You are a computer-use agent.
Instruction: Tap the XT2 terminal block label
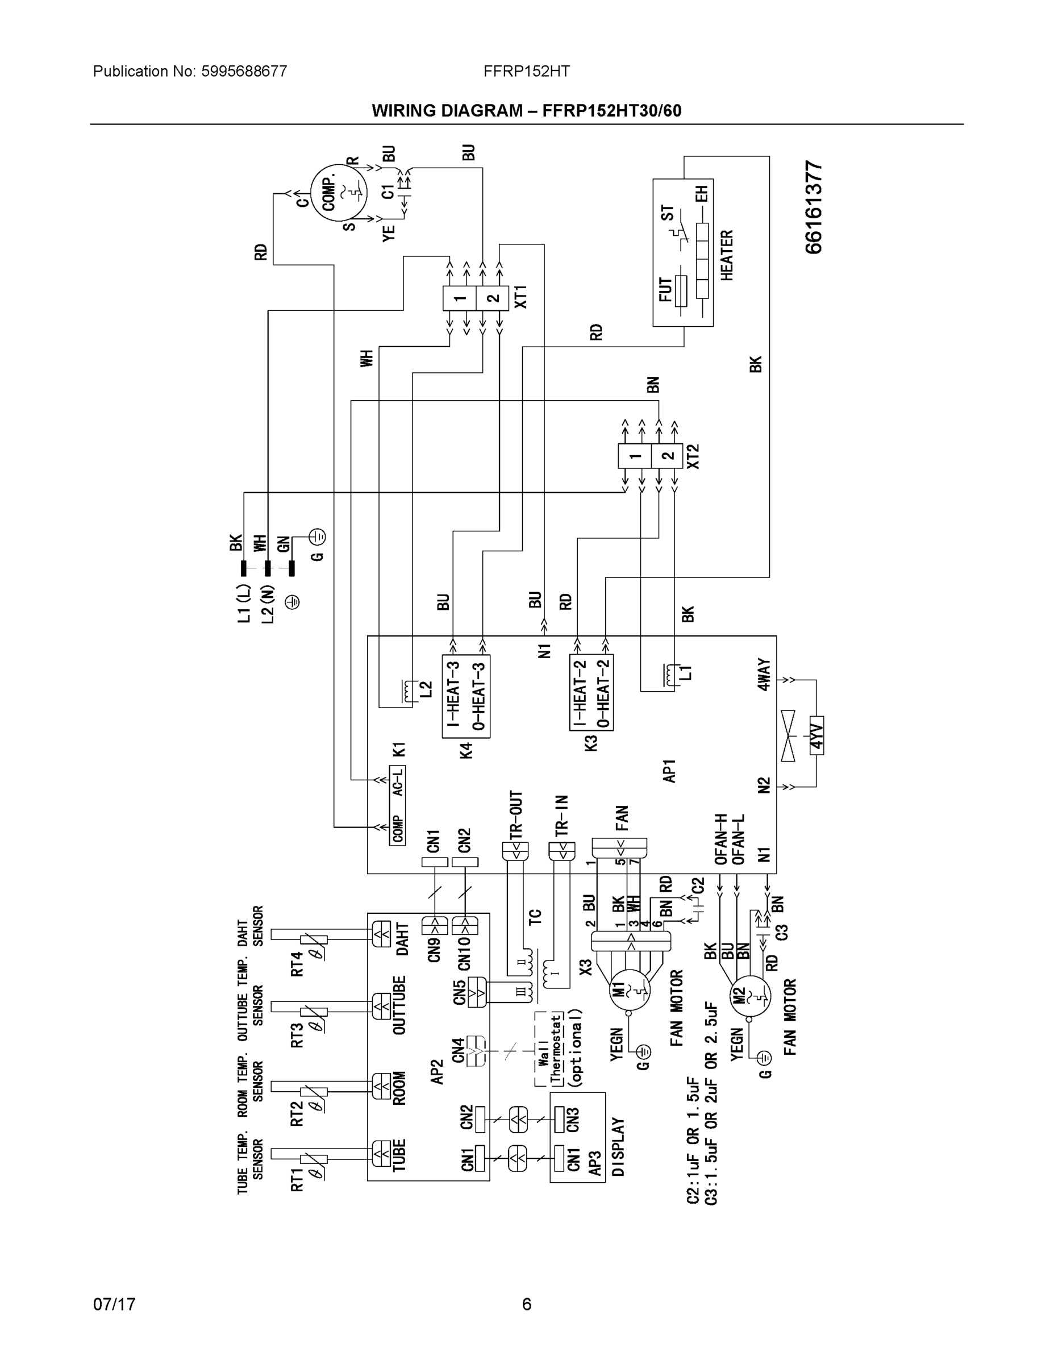(x=693, y=456)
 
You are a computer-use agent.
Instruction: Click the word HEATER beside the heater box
(x=727, y=255)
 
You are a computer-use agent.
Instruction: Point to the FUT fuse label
(x=665, y=290)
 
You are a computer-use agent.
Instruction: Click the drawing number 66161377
(x=814, y=207)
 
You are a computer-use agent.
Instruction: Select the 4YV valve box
(x=816, y=735)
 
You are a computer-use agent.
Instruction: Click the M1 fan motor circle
(x=630, y=990)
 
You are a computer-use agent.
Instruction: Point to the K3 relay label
(x=591, y=743)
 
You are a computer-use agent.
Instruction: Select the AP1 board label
(x=670, y=771)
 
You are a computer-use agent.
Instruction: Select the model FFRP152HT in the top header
(x=526, y=71)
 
